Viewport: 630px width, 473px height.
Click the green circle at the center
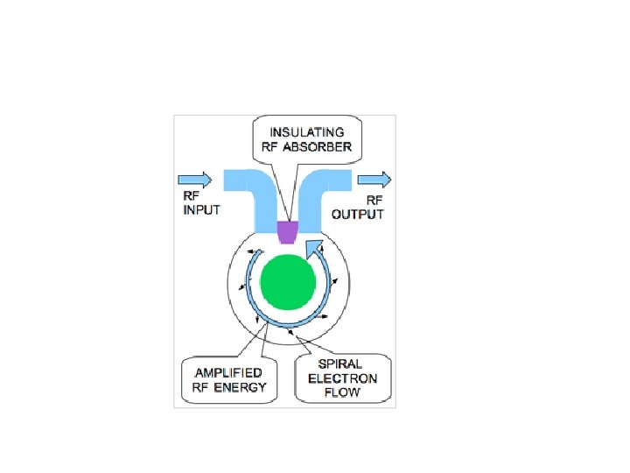(x=289, y=283)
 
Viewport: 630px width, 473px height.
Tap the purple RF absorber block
(x=287, y=232)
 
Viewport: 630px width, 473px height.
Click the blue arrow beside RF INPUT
(x=196, y=180)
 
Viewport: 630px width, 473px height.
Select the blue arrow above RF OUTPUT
(x=374, y=180)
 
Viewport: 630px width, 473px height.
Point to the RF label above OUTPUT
(x=374, y=201)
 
